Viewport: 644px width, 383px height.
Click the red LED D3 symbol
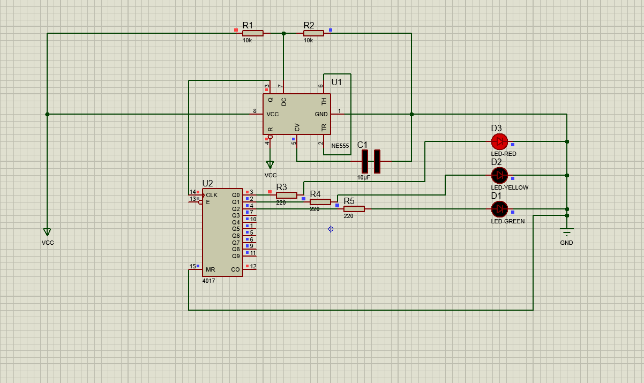[499, 141]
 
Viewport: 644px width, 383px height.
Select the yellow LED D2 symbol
[499, 175]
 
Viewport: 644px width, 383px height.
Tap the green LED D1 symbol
[499, 209]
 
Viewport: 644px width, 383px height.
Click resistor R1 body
[253, 33]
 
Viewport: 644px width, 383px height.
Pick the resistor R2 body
[313, 33]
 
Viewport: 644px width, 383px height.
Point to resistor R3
[287, 196]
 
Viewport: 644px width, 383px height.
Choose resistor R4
[320, 202]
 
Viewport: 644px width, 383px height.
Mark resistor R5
[354, 209]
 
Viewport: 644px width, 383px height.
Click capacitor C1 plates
[371, 161]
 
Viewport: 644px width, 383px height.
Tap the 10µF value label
[364, 177]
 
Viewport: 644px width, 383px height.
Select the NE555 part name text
[340, 146]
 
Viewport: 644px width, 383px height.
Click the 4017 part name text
[209, 281]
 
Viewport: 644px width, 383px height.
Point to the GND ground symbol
[566, 231]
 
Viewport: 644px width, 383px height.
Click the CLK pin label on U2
[212, 195]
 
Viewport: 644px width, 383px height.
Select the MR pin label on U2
[211, 269]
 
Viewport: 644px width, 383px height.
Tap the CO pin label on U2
[235, 269]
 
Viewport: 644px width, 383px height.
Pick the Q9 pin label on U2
[236, 256]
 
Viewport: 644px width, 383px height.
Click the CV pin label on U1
[297, 127]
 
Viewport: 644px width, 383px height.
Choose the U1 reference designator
[336, 82]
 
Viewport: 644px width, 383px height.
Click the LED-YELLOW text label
[510, 187]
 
